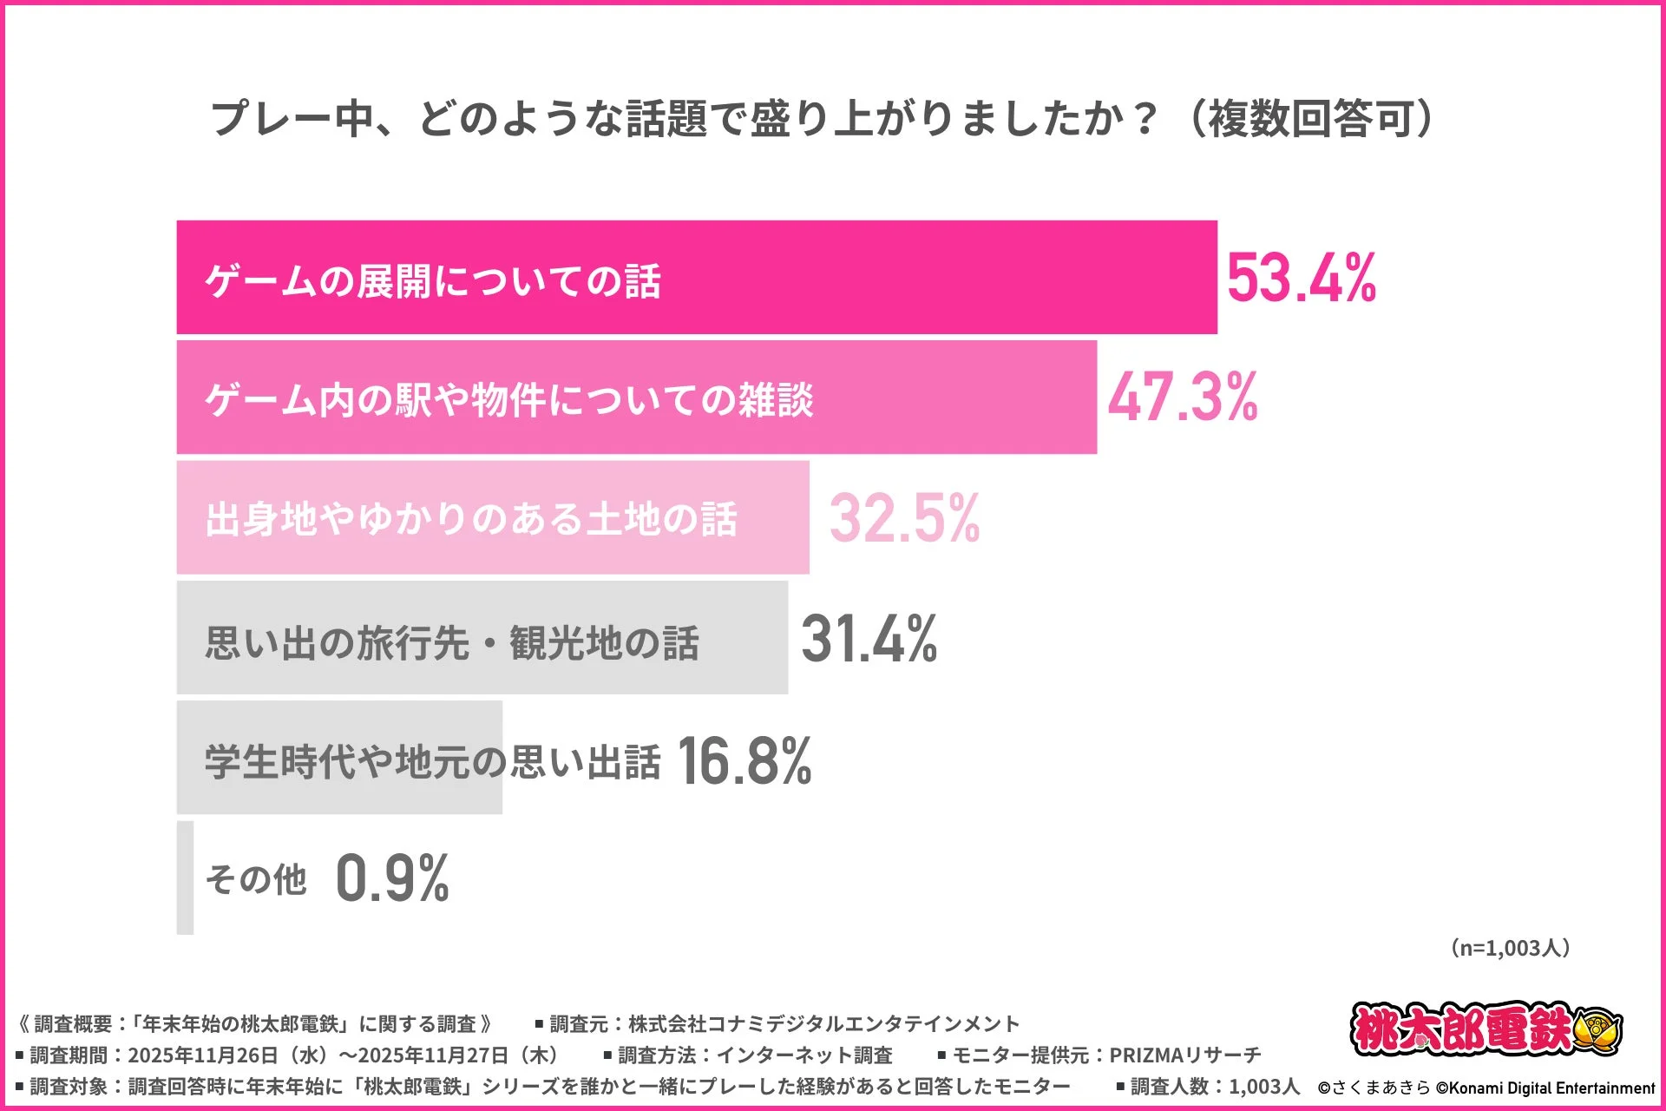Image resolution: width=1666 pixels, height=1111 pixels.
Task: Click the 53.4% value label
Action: (1301, 279)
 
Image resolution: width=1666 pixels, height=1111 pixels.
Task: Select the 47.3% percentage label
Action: (1182, 398)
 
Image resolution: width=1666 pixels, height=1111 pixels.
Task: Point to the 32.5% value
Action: (904, 518)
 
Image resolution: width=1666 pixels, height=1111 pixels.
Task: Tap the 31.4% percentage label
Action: (869, 639)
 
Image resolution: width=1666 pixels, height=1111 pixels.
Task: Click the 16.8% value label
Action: (744, 760)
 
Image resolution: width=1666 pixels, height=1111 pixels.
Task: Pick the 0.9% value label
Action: (392, 878)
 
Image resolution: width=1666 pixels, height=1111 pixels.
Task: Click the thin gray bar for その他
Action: (185, 878)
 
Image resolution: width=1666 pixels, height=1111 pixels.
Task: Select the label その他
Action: (256, 879)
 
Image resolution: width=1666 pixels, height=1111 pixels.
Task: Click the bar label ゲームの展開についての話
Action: (433, 281)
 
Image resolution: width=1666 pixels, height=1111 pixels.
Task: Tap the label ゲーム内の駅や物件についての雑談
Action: (509, 400)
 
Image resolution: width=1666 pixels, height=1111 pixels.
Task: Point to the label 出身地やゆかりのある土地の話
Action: (471, 520)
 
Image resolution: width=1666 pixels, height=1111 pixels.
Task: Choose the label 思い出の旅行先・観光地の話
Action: (452, 643)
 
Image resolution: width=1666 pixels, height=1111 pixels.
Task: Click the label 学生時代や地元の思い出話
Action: (432, 762)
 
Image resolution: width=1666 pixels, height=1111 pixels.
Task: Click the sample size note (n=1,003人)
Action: (1511, 948)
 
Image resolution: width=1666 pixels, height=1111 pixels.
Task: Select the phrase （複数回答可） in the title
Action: (1310, 119)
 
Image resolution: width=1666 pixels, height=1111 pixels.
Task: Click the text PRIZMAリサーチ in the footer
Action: (1184, 1055)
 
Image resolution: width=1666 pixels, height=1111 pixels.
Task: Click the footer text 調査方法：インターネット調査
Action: (755, 1055)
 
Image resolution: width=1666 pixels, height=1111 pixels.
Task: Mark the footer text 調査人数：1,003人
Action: (1215, 1087)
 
